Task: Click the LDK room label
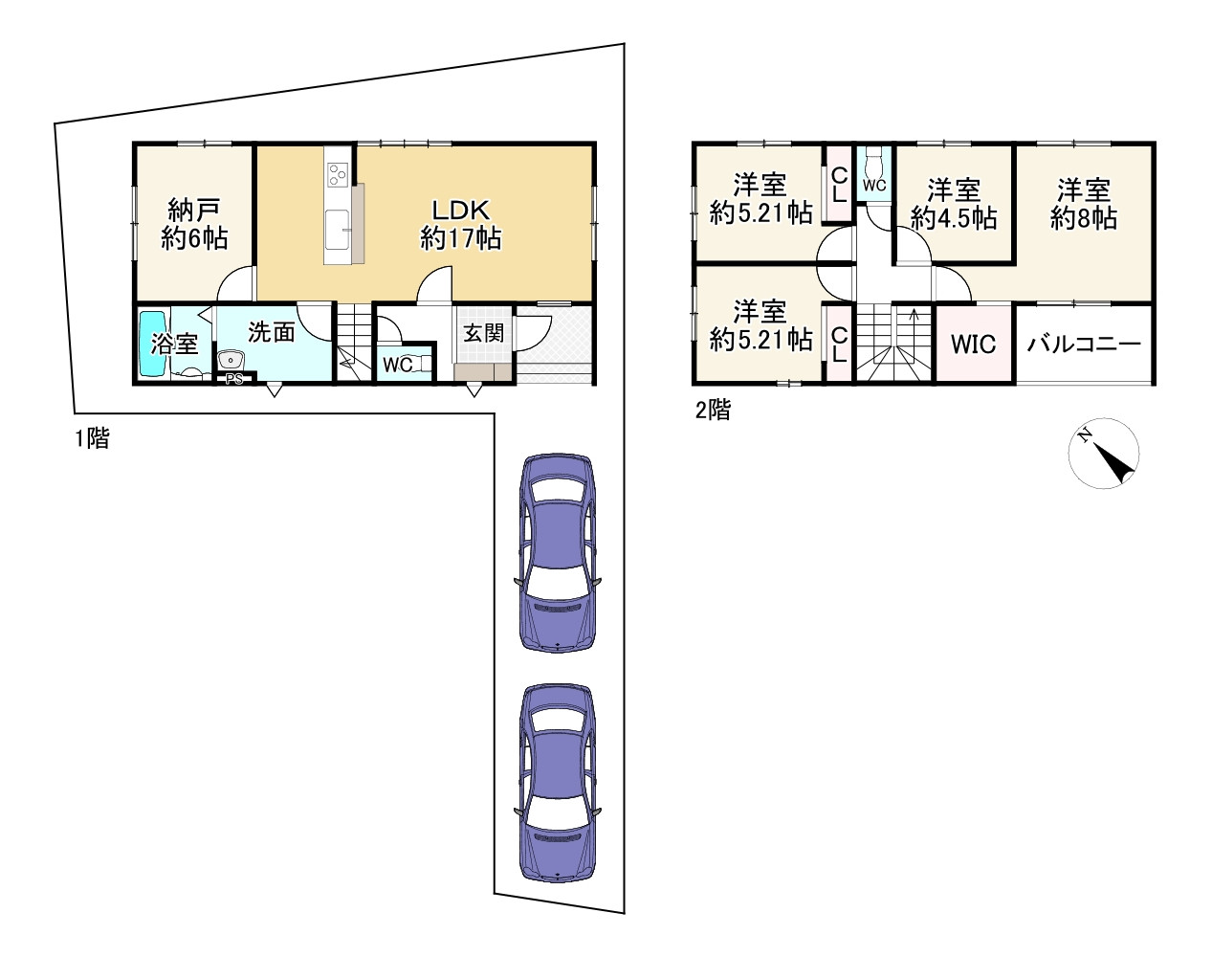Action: click(x=461, y=211)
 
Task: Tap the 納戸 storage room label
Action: click(x=193, y=211)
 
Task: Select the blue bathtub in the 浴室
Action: click(x=153, y=344)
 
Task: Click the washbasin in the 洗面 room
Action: click(x=231, y=360)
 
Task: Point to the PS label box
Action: click(x=234, y=379)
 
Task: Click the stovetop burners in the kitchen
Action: click(x=338, y=173)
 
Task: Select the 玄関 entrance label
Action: click(x=483, y=334)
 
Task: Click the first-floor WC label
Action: click(x=397, y=366)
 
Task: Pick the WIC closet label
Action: click(x=973, y=344)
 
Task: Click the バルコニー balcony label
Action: click(x=1084, y=344)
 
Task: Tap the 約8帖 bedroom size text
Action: click(x=1084, y=218)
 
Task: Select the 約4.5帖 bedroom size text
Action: click(x=954, y=218)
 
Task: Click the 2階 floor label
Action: click(x=713, y=410)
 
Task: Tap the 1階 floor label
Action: click(x=93, y=438)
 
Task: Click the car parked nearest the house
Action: click(x=558, y=553)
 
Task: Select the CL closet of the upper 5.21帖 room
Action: click(x=839, y=185)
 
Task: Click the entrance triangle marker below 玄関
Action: click(x=474, y=389)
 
